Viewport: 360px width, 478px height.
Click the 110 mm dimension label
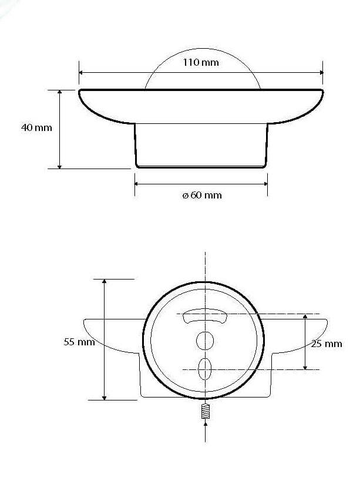pyautogui.click(x=201, y=62)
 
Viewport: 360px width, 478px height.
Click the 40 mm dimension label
pyautogui.click(x=36, y=127)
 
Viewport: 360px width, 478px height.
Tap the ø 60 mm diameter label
pyautogui.click(x=202, y=195)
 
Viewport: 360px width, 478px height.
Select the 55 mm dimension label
pyautogui.click(x=79, y=342)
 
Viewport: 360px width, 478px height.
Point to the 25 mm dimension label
pyautogui.click(x=327, y=344)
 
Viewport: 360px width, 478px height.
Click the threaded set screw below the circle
pyautogui.click(x=206, y=411)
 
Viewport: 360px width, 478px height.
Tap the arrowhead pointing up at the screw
pyautogui.click(x=206, y=424)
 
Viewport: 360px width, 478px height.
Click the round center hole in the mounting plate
pyautogui.click(x=205, y=341)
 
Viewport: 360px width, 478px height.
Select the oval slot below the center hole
pyautogui.click(x=204, y=369)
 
